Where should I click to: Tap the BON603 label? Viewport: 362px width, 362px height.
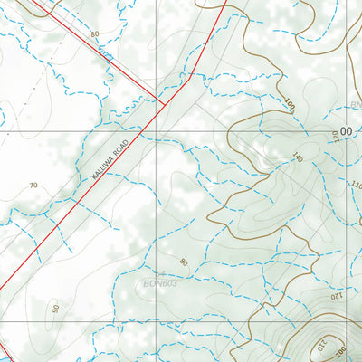[x=159, y=282]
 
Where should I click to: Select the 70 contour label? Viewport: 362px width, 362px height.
[x=33, y=186]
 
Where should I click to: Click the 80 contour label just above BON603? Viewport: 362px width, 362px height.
[x=184, y=263]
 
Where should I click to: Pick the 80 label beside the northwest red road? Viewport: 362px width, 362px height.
[x=94, y=34]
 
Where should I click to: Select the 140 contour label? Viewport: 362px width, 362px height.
[x=296, y=157]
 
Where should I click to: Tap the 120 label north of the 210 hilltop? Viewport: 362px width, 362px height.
[x=331, y=295]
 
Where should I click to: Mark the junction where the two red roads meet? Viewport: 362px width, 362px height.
[x=165, y=104]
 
